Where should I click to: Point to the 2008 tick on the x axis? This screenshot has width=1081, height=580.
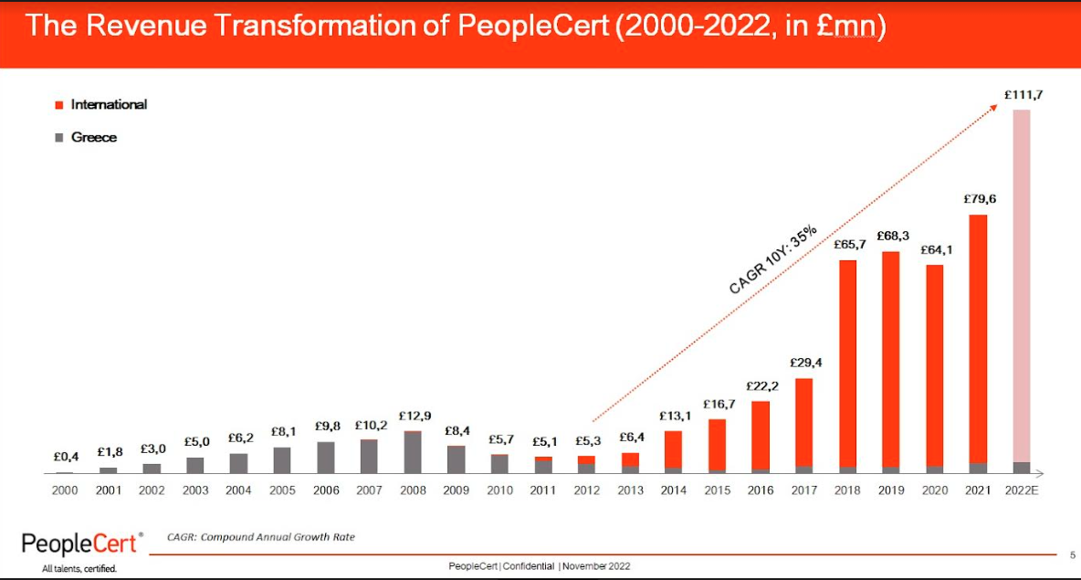pyautogui.click(x=414, y=490)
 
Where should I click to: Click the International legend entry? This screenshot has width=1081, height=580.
pyautogui.click(x=108, y=105)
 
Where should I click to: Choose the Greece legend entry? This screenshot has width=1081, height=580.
pyautogui.click(x=93, y=138)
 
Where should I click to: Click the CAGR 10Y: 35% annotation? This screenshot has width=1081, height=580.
pyautogui.click(x=771, y=261)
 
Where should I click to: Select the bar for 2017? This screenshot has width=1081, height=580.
pyautogui.click(x=804, y=425)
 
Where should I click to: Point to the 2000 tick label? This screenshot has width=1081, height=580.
pyautogui.click(x=65, y=490)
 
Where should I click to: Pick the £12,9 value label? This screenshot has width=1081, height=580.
pyautogui.click(x=415, y=417)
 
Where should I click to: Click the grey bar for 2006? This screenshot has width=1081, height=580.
pyautogui.click(x=326, y=457)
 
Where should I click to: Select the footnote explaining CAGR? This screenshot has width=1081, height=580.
pyautogui.click(x=261, y=537)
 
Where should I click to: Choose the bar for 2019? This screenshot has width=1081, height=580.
pyautogui.click(x=891, y=362)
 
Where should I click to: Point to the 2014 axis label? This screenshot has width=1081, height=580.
pyautogui.click(x=674, y=490)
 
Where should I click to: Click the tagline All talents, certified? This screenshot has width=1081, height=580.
pyautogui.click(x=79, y=569)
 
